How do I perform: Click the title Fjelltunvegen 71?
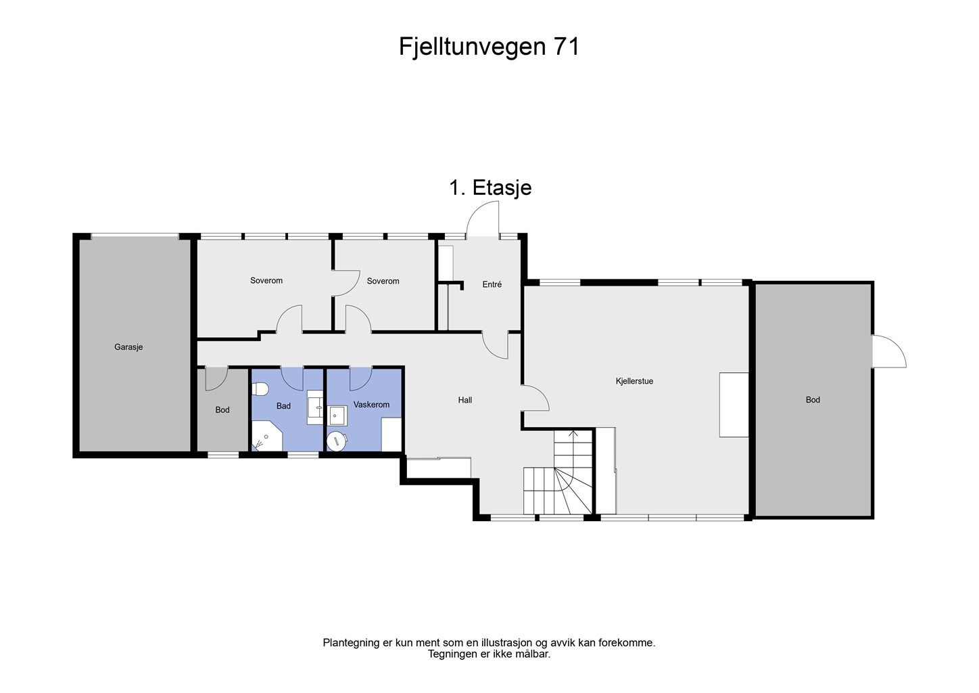click(489, 47)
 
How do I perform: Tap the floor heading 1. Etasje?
click(490, 187)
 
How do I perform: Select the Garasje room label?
click(128, 347)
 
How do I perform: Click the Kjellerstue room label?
click(634, 381)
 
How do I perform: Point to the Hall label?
click(465, 400)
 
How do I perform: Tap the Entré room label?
click(492, 285)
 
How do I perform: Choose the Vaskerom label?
click(371, 405)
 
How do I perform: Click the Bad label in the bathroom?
click(283, 406)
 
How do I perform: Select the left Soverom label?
click(266, 280)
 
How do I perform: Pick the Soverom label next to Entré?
click(383, 281)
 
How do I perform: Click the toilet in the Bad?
click(260, 389)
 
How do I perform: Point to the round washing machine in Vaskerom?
click(337, 441)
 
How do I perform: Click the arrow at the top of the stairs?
click(573, 434)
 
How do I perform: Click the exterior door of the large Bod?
click(888, 352)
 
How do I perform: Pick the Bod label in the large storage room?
click(813, 400)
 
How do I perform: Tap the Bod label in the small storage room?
click(222, 410)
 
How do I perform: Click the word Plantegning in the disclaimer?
click(351, 643)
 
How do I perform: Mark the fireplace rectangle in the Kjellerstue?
click(734, 405)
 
